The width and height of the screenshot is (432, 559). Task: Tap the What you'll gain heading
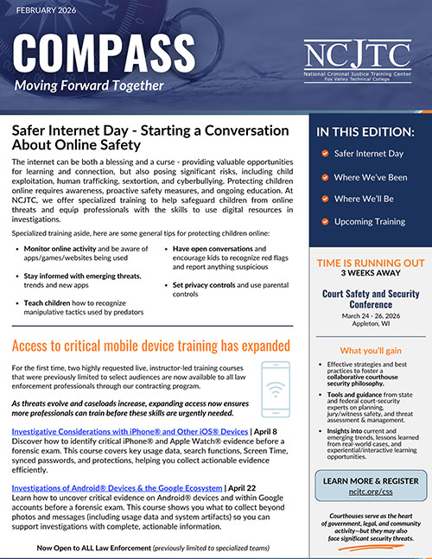[x=369, y=351]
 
